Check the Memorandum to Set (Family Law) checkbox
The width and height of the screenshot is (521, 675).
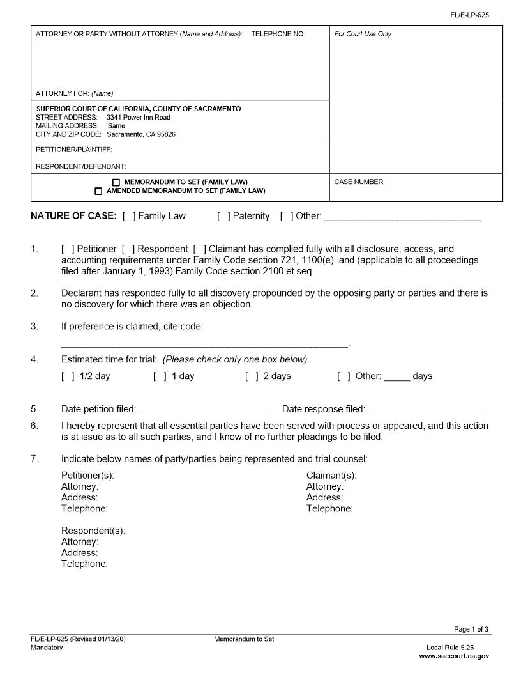[116, 182]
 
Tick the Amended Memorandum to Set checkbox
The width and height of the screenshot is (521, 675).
[98, 191]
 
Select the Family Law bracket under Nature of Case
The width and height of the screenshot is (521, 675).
[129, 216]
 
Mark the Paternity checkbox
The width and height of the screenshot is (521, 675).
[223, 216]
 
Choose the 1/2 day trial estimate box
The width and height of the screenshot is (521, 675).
[68, 376]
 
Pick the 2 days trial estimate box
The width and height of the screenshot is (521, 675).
[252, 376]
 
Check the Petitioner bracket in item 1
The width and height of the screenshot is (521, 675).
[68, 249]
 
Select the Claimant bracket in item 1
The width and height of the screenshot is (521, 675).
[199, 249]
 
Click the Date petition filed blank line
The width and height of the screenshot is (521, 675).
[204, 410]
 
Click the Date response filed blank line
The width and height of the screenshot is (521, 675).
[428, 410]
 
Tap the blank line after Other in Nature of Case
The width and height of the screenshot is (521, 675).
[402, 217]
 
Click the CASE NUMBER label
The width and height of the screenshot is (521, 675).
[359, 182]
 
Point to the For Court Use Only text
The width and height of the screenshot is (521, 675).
[363, 34]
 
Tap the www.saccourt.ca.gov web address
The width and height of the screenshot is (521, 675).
[454, 656]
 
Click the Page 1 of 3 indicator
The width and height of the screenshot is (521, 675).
[471, 630]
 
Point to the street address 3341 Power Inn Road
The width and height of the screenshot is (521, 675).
[139, 118]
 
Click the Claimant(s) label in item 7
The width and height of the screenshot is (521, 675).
[331, 476]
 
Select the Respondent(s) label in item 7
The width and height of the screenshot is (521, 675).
[93, 531]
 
